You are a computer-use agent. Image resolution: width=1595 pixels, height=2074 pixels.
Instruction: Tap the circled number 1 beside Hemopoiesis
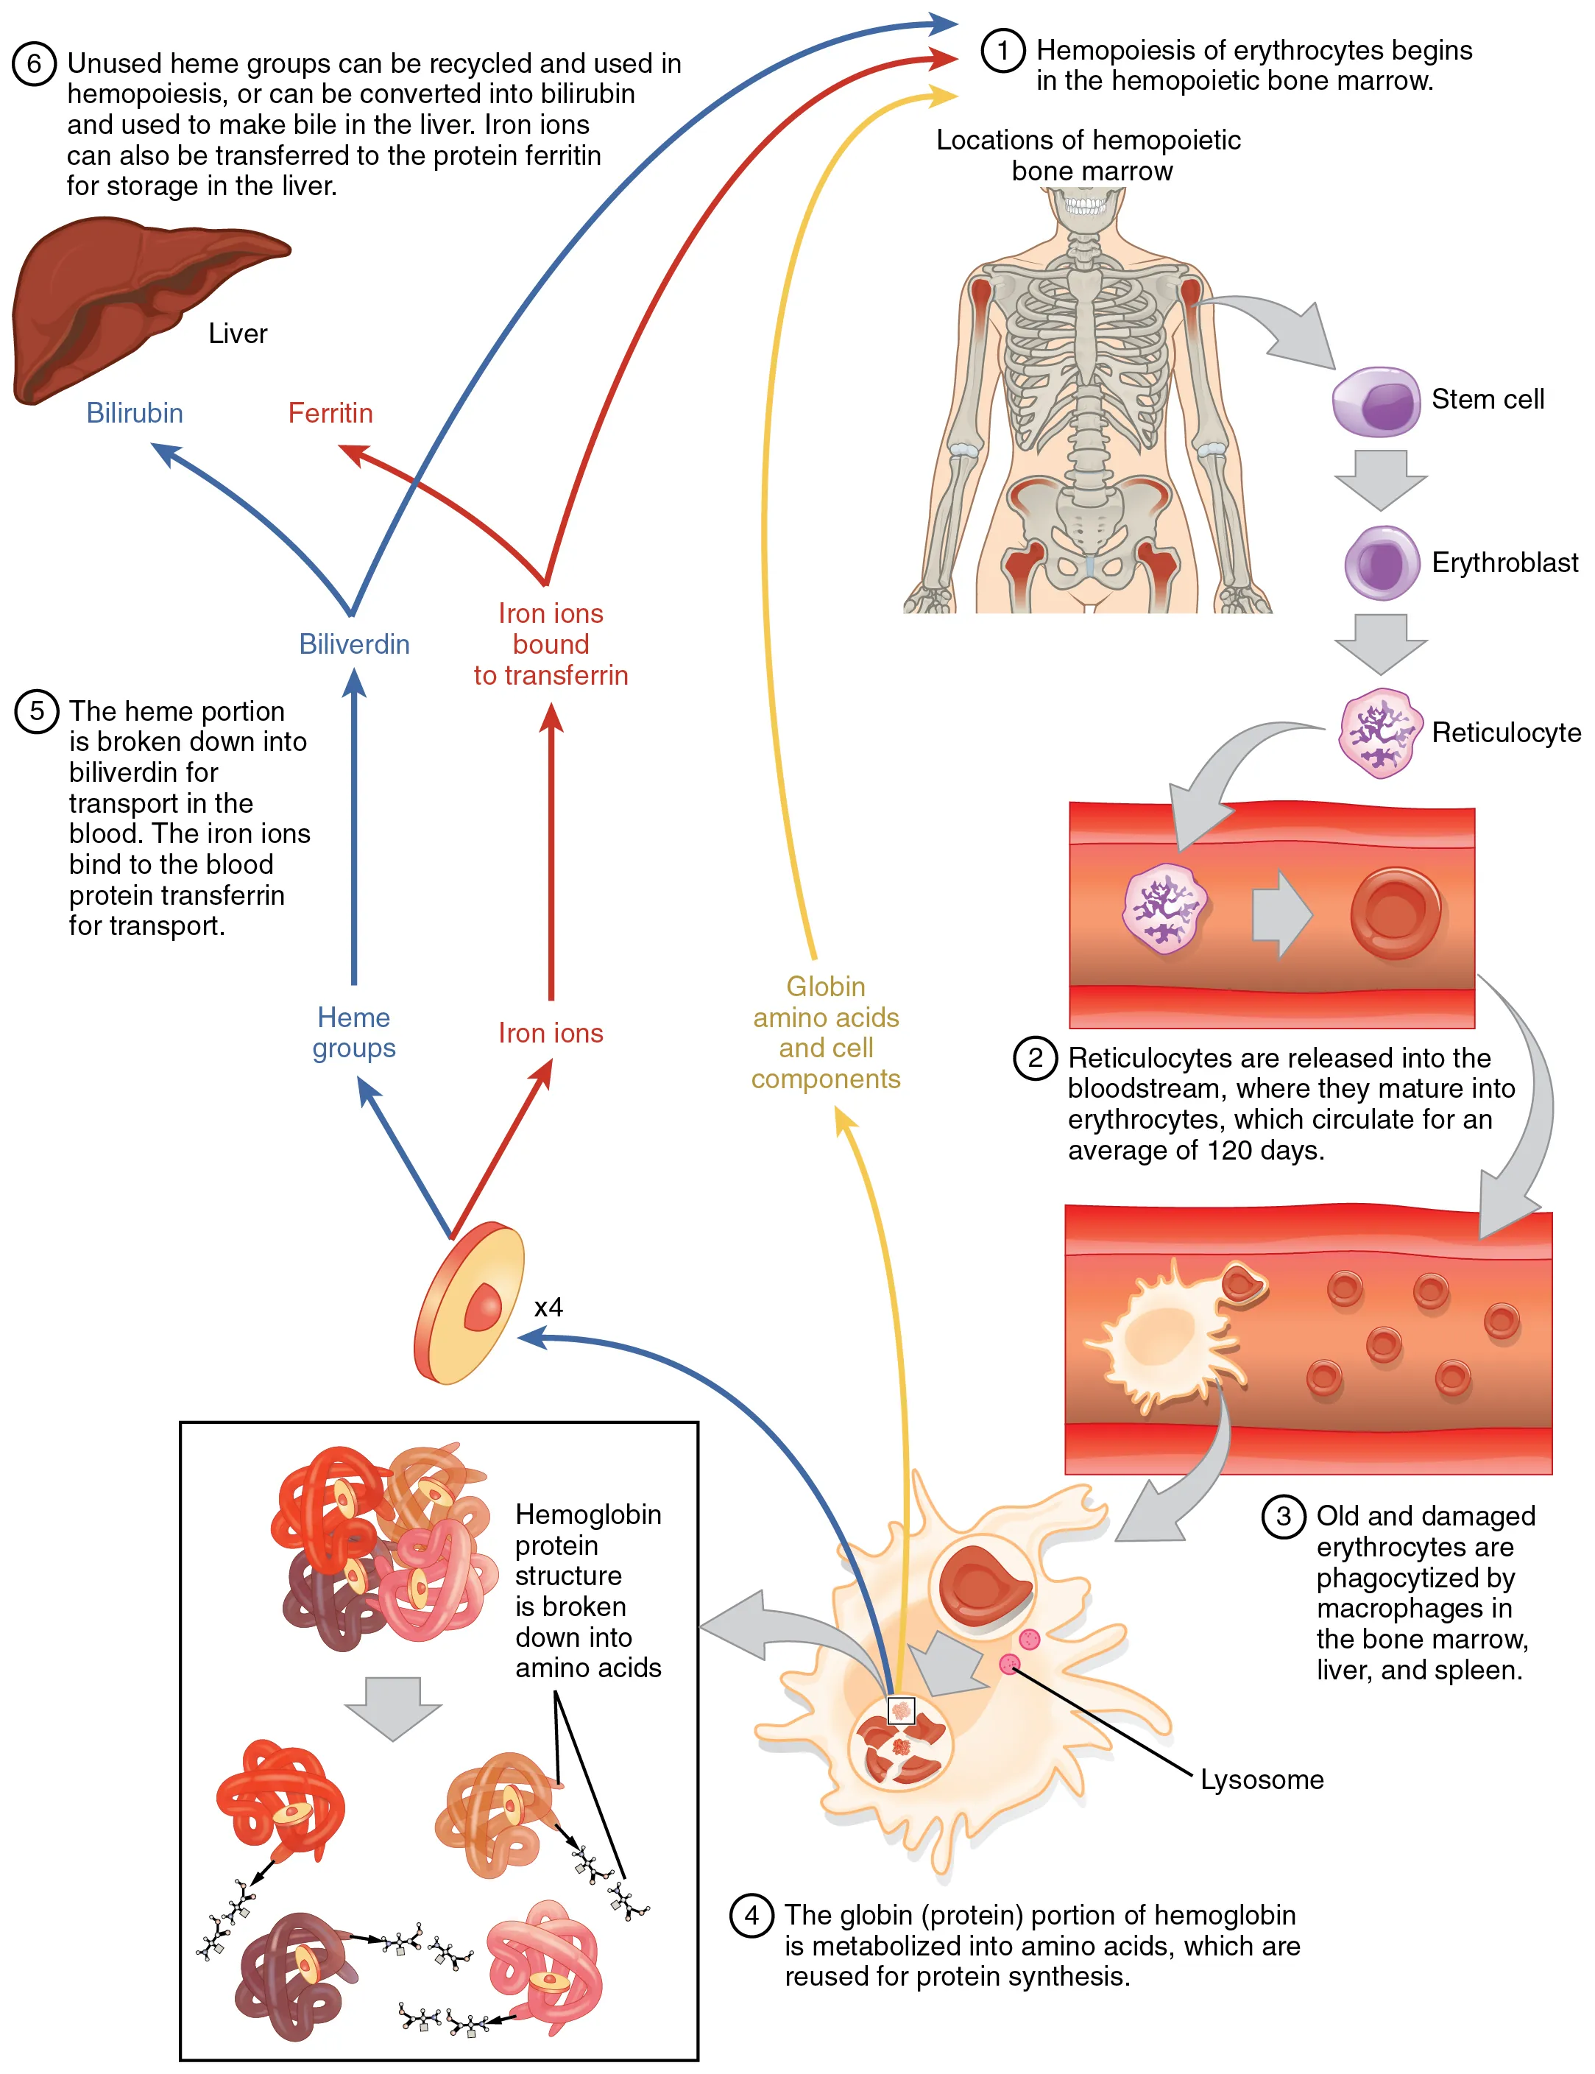(x=1002, y=49)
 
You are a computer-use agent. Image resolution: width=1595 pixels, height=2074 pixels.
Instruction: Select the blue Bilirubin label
(x=135, y=413)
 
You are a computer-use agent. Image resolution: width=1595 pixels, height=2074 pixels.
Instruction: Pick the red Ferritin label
(x=330, y=413)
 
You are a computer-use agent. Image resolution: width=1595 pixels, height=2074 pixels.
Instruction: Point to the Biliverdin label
(x=354, y=644)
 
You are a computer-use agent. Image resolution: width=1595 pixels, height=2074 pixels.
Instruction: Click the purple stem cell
(x=1376, y=401)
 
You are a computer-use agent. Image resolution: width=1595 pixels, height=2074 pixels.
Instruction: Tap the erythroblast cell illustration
(x=1382, y=563)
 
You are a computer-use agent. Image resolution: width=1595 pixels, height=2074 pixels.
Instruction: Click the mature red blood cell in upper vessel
(x=1395, y=913)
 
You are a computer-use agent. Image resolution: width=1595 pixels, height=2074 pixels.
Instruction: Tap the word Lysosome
(x=1262, y=1780)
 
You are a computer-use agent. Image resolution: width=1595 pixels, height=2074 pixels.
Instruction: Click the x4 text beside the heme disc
(x=548, y=1308)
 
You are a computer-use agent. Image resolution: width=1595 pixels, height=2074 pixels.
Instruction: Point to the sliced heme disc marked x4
(x=470, y=1303)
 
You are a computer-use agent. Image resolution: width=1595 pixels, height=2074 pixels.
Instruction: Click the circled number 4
(x=751, y=1916)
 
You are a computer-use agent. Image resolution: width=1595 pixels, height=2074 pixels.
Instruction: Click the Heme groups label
(x=354, y=1032)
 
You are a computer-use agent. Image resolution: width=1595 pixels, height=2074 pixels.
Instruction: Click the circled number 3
(x=1283, y=1517)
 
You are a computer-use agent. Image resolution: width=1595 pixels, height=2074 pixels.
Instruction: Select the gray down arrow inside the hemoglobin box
(x=393, y=1707)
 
